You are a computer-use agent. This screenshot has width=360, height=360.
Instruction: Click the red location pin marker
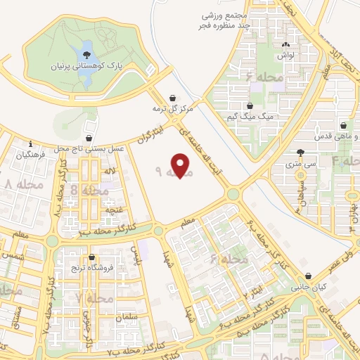pos(181,166)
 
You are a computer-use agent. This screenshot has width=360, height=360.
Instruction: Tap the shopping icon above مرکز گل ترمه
pos(173,98)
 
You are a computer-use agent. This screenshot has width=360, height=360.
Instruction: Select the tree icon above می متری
pos(302,153)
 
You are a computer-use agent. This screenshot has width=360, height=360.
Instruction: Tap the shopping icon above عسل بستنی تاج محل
pos(89,138)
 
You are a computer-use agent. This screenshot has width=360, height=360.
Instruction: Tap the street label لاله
pos(110,172)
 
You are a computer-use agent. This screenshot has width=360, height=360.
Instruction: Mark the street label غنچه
pos(113,210)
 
